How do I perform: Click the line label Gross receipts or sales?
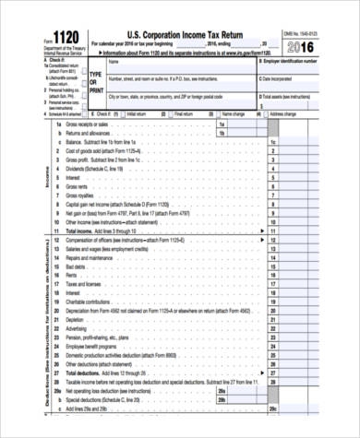coord(92,124)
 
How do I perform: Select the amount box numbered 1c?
coord(272,143)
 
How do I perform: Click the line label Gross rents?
coord(78,187)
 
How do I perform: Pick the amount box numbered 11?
coord(272,231)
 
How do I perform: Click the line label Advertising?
coord(78,327)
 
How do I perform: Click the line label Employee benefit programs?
coord(96,345)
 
